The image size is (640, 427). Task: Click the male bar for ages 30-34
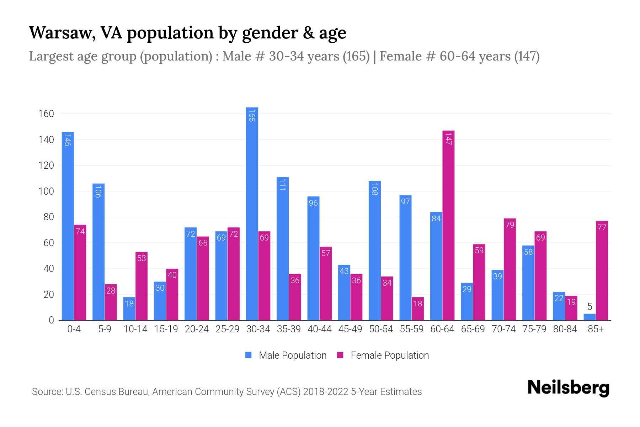pos(252,213)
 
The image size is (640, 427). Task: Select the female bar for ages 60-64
pos(448,225)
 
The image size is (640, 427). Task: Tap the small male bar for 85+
pos(590,317)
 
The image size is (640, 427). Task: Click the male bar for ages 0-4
pos(68,226)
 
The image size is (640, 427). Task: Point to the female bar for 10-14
pos(142,286)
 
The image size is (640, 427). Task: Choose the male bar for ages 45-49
pos(344,292)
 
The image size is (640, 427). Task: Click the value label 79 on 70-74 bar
pos(510,225)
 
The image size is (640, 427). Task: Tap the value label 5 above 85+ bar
pos(590,307)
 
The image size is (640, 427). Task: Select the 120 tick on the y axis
pos(46,165)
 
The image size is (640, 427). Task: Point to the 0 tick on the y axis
pos(52,320)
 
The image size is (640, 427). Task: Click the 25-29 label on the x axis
pos(227,329)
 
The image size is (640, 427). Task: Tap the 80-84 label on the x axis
pos(565,329)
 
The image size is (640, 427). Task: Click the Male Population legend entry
pos(292,355)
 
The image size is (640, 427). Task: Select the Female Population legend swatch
pos(340,355)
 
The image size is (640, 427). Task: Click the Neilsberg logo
pos(568,388)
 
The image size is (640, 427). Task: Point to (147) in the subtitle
pos(527,56)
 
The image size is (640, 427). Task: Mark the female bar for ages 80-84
pos(571,308)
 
